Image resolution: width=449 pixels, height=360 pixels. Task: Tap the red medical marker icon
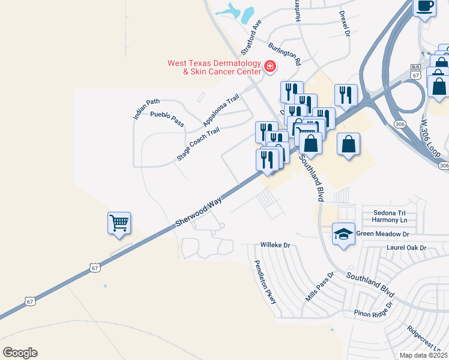click(x=270, y=66)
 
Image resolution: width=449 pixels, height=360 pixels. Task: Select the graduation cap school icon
click(x=343, y=234)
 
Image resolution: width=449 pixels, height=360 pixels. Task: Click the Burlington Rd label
click(x=285, y=53)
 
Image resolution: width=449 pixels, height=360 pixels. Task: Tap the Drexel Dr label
click(x=344, y=23)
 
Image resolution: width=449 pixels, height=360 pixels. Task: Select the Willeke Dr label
click(x=275, y=245)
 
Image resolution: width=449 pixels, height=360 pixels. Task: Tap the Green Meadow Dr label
click(x=382, y=234)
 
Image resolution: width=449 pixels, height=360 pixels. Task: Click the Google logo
click(x=20, y=353)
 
